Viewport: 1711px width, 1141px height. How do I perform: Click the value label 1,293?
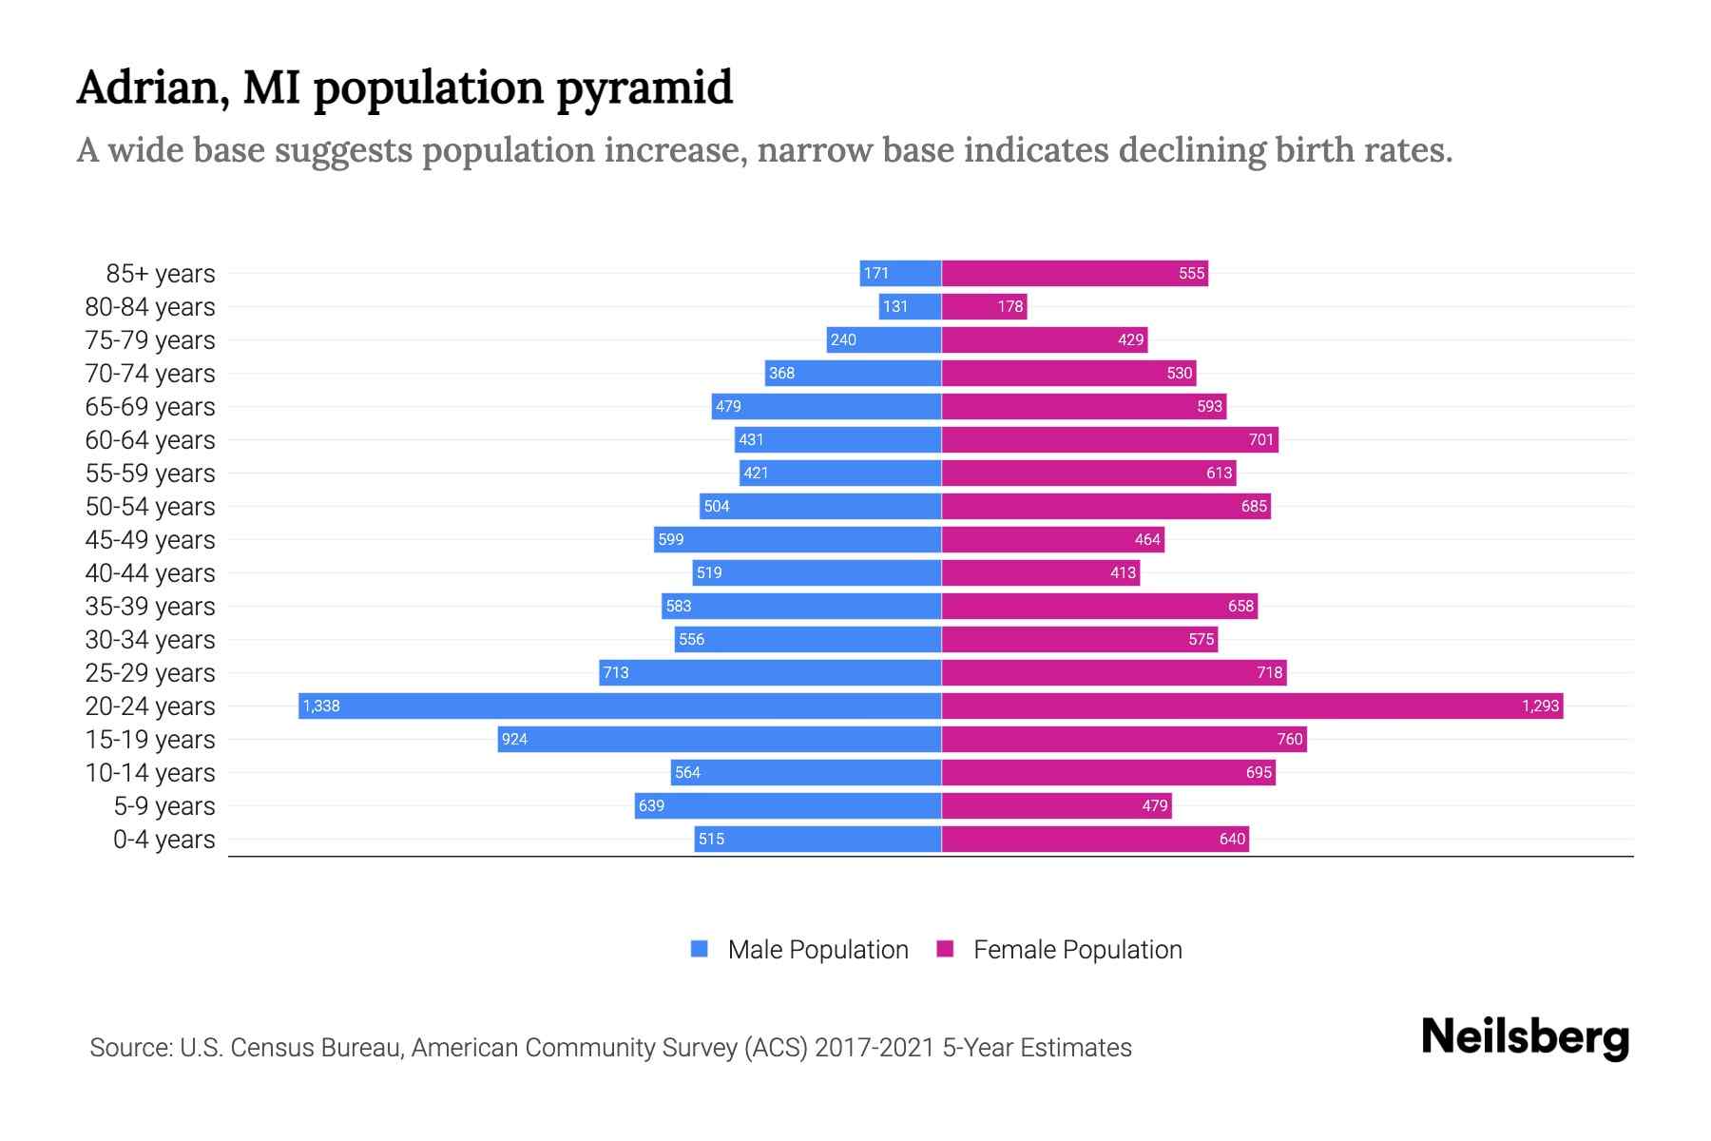click(1540, 706)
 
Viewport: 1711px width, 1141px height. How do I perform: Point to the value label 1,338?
click(321, 706)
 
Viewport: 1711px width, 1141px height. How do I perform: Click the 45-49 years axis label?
click(150, 540)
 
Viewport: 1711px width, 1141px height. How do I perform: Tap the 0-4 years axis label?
click(163, 840)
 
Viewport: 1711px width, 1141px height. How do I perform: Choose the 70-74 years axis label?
click(150, 374)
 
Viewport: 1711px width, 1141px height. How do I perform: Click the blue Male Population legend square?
click(700, 949)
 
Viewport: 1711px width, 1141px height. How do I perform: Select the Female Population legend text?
click(1077, 950)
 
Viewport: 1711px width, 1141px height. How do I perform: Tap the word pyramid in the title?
click(644, 88)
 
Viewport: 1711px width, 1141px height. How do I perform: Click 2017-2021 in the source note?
click(874, 1048)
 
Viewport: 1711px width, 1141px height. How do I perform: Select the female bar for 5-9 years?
click(1055, 805)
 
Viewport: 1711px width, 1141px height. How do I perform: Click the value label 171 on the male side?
click(875, 273)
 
